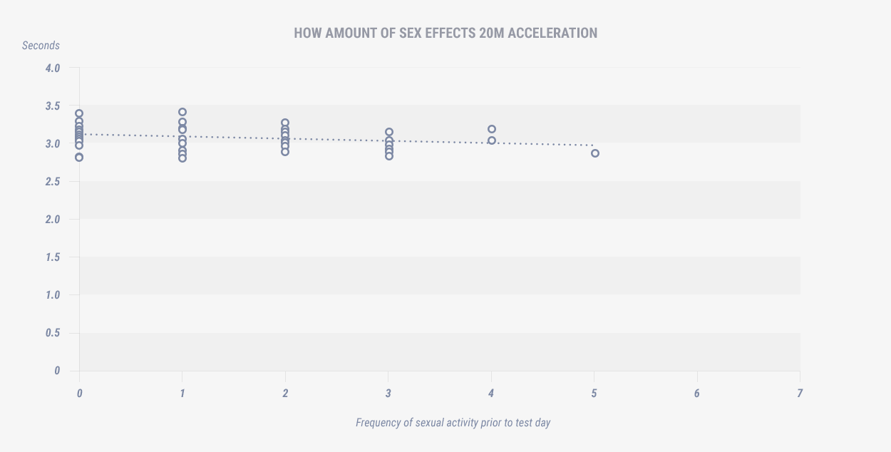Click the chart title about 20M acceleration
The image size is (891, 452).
(x=445, y=33)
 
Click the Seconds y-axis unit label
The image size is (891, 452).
(x=41, y=46)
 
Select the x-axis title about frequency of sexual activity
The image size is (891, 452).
(x=453, y=423)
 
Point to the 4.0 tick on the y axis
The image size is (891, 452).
(x=53, y=68)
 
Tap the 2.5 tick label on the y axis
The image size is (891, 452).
(x=53, y=182)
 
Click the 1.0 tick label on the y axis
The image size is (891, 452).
(x=53, y=295)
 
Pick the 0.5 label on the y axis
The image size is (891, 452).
(x=53, y=333)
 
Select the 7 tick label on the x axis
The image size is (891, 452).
(x=800, y=393)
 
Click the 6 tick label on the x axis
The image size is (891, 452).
(x=696, y=393)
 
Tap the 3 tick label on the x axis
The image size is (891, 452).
(x=388, y=393)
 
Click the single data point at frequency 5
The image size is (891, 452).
(x=595, y=153)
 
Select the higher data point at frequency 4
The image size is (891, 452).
(x=492, y=129)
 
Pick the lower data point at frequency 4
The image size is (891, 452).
(x=492, y=140)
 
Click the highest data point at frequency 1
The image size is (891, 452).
(x=182, y=112)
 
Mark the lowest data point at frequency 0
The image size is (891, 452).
(x=79, y=158)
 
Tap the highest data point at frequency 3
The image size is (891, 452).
(x=389, y=132)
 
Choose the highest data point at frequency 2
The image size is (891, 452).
(x=285, y=123)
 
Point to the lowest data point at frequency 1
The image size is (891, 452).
(x=182, y=158)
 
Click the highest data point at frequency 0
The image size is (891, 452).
(x=79, y=113)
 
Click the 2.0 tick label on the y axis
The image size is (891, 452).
(x=53, y=220)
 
